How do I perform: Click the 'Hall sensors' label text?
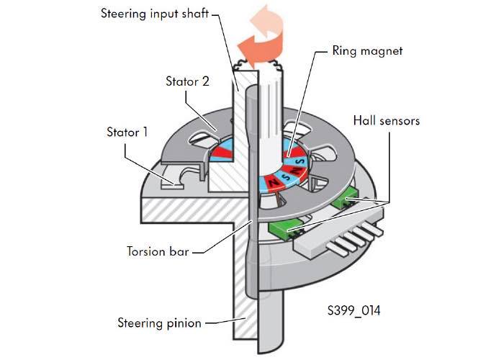[x=386, y=120]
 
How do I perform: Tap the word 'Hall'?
[x=365, y=120]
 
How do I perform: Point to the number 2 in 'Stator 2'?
[x=206, y=81]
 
